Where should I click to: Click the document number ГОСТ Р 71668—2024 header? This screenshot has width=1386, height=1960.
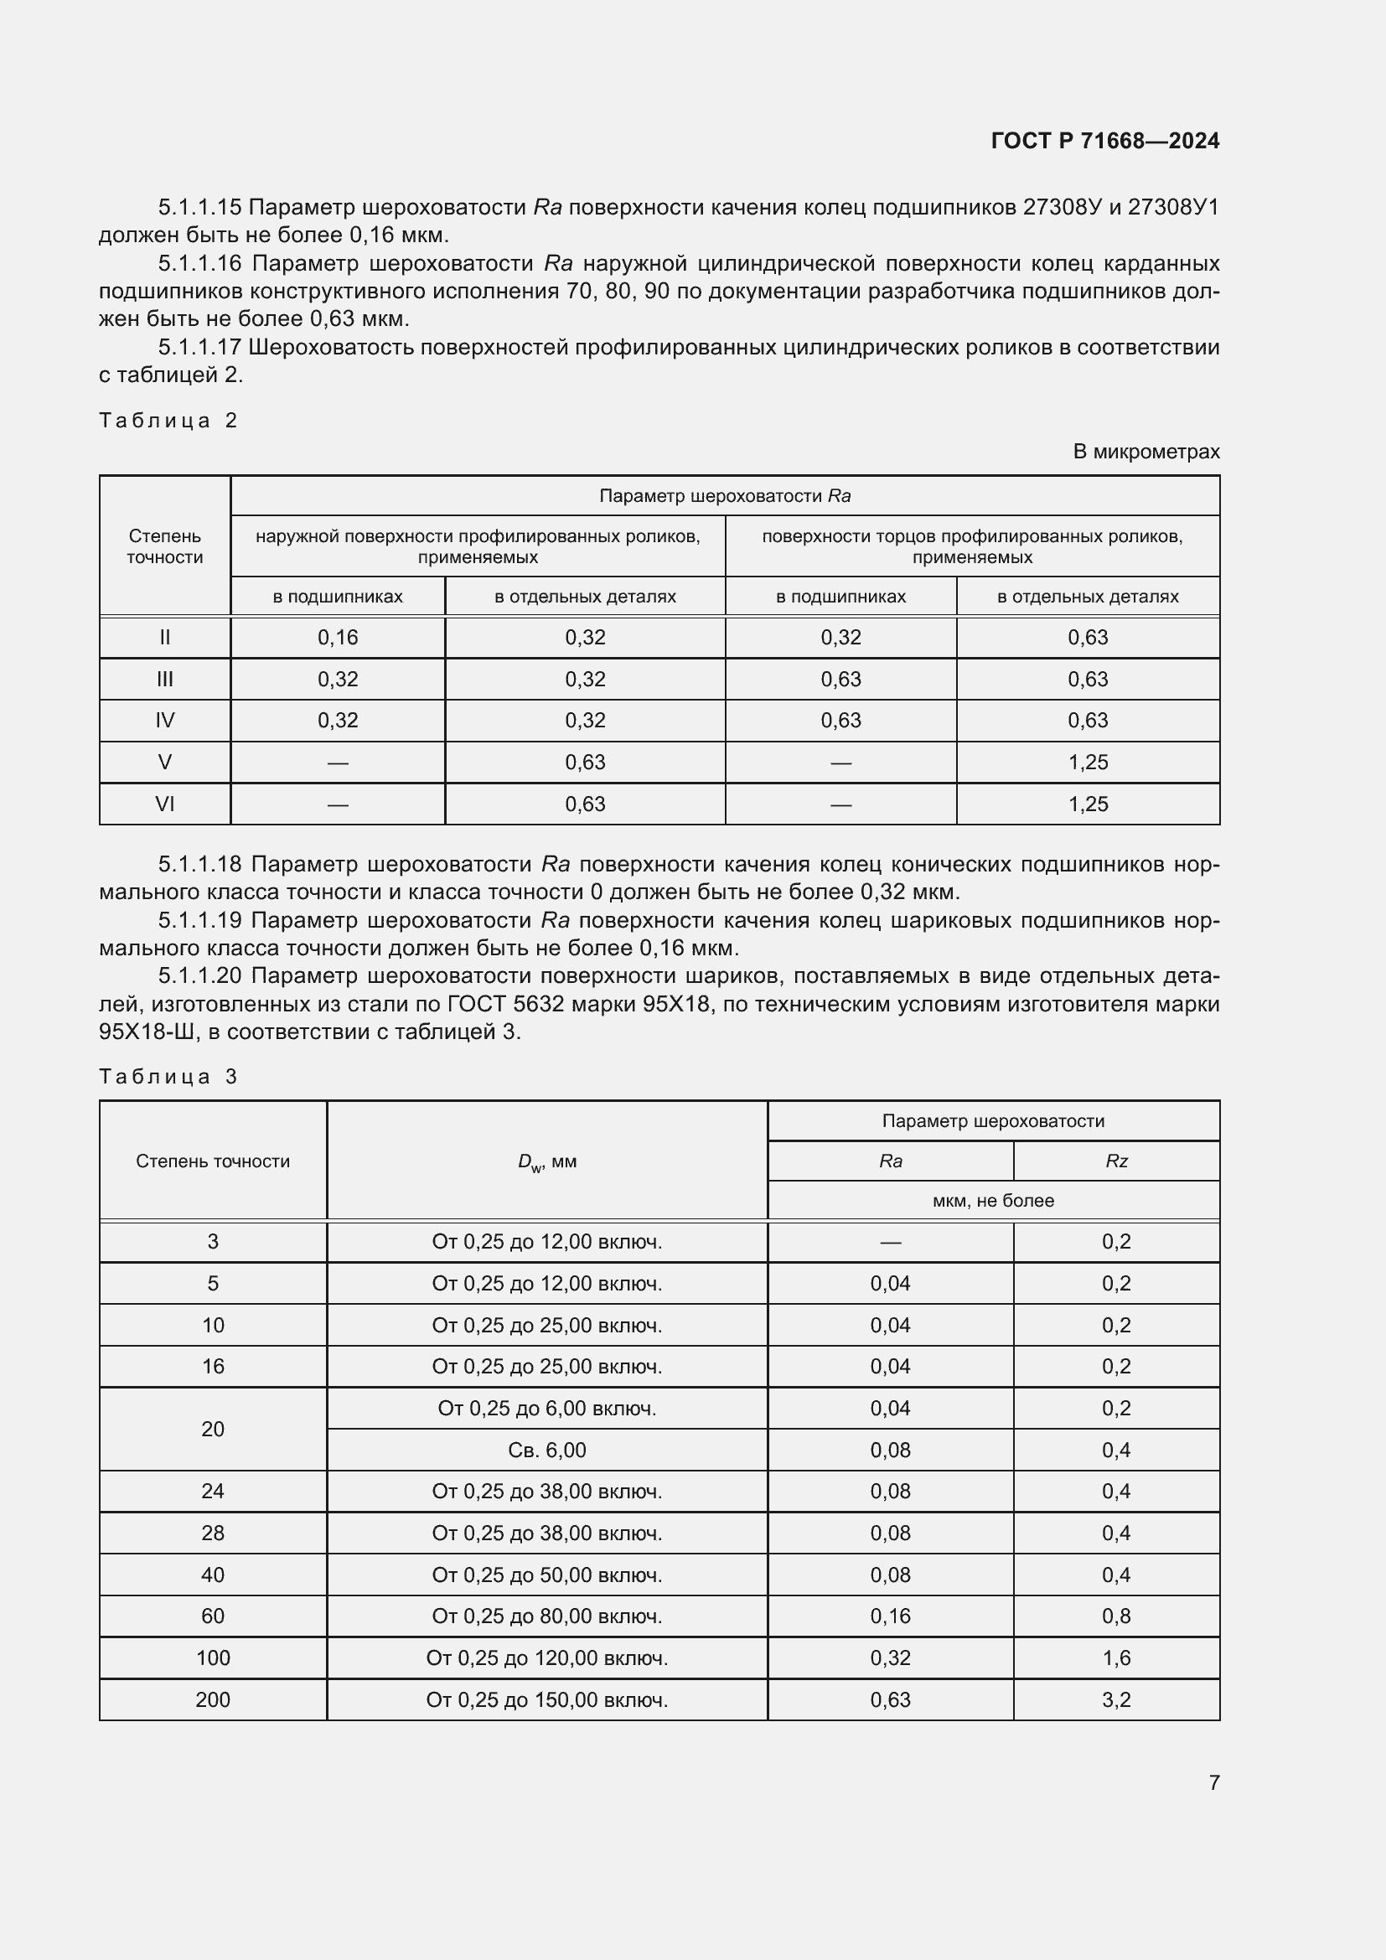click(1104, 141)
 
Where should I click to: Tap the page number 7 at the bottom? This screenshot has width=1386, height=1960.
click(1213, 1782)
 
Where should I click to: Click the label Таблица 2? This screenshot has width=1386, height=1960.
click(168, 420)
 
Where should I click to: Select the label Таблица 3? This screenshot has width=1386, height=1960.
click(168, 1077)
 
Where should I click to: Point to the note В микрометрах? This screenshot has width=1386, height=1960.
click(1146, 452)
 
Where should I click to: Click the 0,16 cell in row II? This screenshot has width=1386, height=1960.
click(338, 638)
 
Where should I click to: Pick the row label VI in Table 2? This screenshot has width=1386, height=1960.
click(165, 804)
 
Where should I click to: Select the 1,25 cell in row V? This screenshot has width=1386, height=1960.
click(1088, 763)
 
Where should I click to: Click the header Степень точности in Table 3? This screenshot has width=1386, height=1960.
click(213, 1161)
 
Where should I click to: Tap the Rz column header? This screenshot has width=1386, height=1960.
click(1115, 1161)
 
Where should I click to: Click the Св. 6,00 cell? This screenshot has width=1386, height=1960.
click(546, 1450)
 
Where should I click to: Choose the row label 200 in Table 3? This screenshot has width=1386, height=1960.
click(213, 1699)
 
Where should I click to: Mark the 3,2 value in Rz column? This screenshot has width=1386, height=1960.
click(1115, 1699)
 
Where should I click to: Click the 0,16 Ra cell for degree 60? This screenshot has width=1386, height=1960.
click(890, 1616)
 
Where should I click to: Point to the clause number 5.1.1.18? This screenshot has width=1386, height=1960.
click(199, 865)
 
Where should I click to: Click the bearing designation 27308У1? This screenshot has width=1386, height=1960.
click(1172, 208)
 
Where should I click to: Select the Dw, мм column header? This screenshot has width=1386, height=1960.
click(546, 1161)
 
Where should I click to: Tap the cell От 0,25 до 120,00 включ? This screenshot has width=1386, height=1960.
click(546, 1657)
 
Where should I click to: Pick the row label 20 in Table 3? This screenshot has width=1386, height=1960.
click(213, 1429)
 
